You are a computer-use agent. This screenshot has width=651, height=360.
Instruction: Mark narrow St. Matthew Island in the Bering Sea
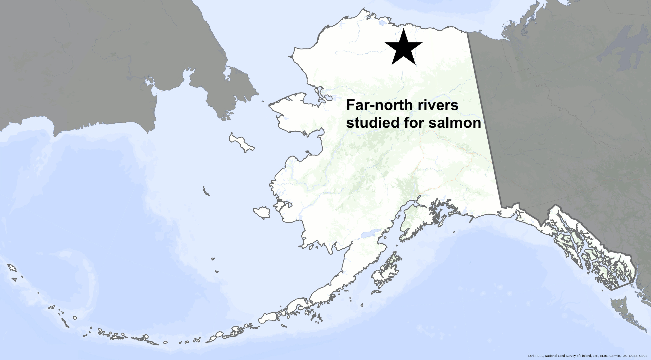[x=206, y=191]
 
